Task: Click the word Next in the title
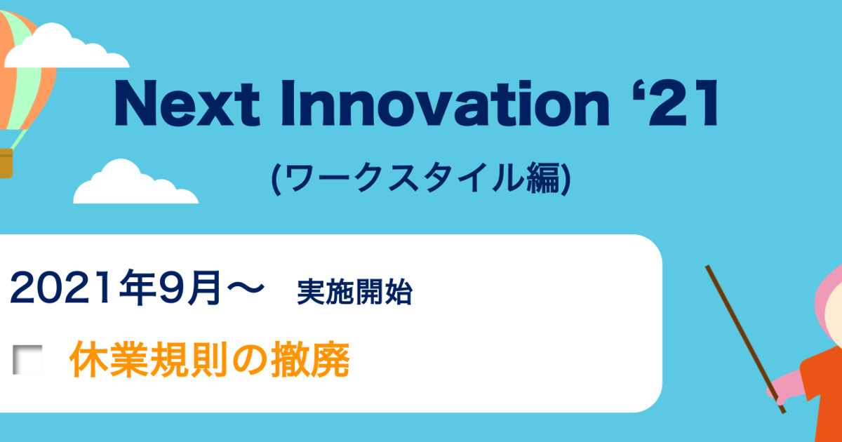[187, 103]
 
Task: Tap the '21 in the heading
[676, 103]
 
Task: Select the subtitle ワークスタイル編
[422, 178]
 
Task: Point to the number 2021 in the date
[60, 288]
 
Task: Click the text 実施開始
[355, 292]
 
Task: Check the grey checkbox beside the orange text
[27, 360]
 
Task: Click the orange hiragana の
[249, 360]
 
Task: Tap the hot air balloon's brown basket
[6, 163]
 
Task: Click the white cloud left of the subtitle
[135, 182]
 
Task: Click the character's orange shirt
[823, 394]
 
